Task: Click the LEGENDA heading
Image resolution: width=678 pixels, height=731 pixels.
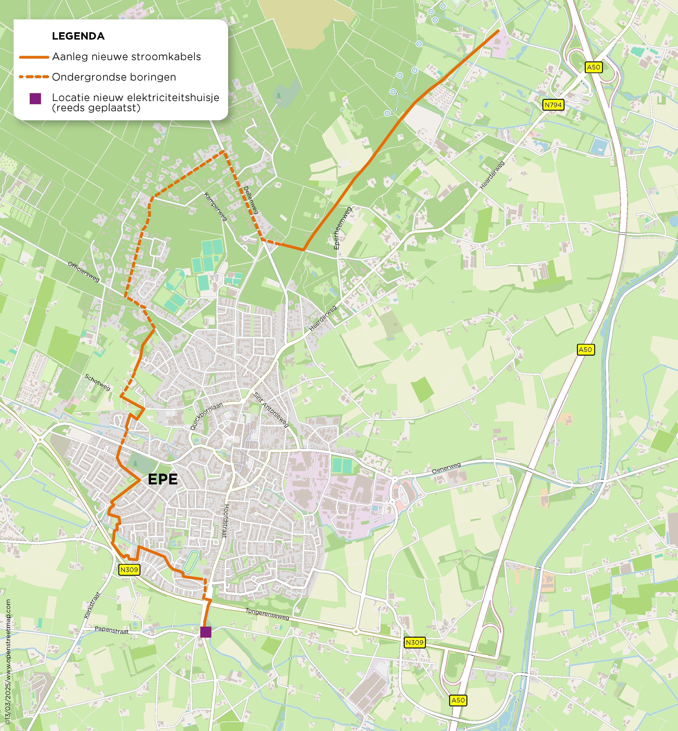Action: point(78,36)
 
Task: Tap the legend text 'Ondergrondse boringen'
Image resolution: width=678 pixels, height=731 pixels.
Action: point(114,77)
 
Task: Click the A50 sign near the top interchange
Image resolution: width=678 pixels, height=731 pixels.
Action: point(593,67)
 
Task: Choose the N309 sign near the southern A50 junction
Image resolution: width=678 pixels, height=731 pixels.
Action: point(415,642)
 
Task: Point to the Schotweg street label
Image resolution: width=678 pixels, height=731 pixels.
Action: point(97,382)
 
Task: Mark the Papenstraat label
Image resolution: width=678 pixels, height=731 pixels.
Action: point(111,630)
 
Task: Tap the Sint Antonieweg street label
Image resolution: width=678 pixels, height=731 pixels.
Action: point(271,409)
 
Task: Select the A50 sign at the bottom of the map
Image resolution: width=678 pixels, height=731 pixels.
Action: point(458,700)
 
